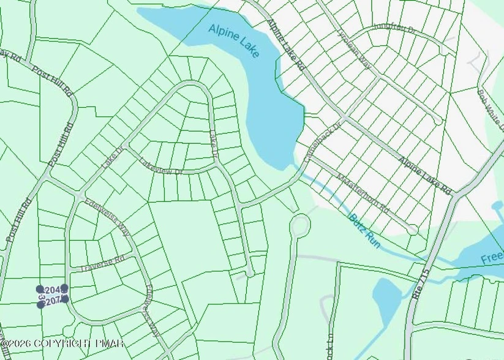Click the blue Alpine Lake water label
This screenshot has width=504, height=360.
click(234, 40)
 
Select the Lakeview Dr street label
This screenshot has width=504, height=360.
click(161, 167)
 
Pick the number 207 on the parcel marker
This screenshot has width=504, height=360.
click(53, 300)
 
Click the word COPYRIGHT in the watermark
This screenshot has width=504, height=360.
click(59, 344)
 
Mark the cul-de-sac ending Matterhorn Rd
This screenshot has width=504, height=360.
click(413, 230)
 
